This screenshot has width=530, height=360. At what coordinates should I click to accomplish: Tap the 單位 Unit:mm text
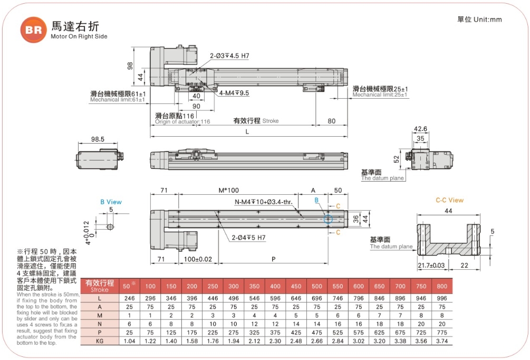tap(479, 20)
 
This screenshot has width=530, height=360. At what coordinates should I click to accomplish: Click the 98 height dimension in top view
tap(129, 65)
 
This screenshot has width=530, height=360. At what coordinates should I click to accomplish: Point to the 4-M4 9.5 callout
tap(234, 93)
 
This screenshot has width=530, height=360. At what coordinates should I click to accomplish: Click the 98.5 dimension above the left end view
tap(97, 139)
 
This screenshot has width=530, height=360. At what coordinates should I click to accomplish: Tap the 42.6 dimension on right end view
tap(420, 129)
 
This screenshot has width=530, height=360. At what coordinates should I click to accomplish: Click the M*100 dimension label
tap(228, 190)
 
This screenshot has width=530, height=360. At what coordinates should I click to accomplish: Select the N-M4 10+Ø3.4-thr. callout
tap(266, 202)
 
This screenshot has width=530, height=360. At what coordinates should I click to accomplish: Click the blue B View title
tap(111, 202)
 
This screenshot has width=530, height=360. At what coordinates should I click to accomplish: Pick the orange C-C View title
tap(449, 200)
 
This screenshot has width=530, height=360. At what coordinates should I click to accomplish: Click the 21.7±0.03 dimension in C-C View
tap(431, 265)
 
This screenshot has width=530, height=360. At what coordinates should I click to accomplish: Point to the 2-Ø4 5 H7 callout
tap(247, 238)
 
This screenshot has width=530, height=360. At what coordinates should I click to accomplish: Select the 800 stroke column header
tap(441, 286)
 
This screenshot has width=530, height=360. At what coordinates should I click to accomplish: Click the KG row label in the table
tap(100, 341)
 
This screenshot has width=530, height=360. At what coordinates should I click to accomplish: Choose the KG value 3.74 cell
tap(441, 341)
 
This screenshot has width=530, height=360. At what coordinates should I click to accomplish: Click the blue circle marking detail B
tap(328, 219)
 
